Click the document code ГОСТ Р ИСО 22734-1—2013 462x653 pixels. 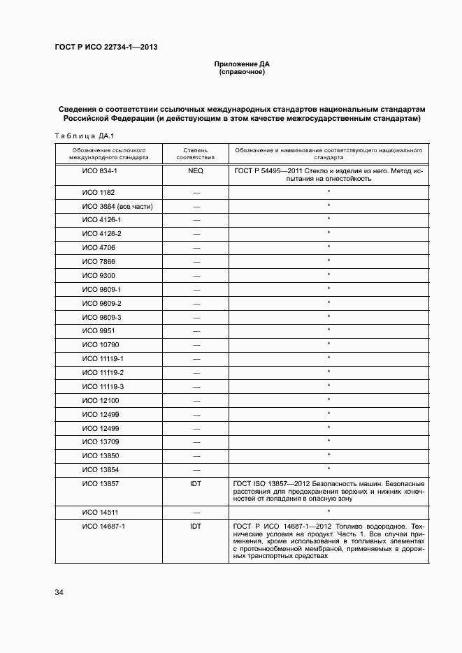pyautogui.click(x=106, y=47)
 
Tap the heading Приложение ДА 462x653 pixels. pyautogui.click(x=241, y=64)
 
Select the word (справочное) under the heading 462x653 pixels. pyautogui.click(x=241, y=73)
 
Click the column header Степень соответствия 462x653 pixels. pyautogui.click(x=196, y=154)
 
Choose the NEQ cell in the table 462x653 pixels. pyautogui.click(x=196, y=170)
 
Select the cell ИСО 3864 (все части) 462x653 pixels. pyautogui.click(x=117, y=206)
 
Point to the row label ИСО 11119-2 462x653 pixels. pyautogui.click(x=103, y=372)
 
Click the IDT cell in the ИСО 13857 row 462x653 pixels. pyautogui.click(x=196, y=483)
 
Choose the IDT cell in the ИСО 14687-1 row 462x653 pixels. pyautogui.click(x=196, y=526)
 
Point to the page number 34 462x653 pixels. pyautogui.click(x=59, y=593)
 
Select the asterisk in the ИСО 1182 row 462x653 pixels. pyautogui.click(x=329, y=191)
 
